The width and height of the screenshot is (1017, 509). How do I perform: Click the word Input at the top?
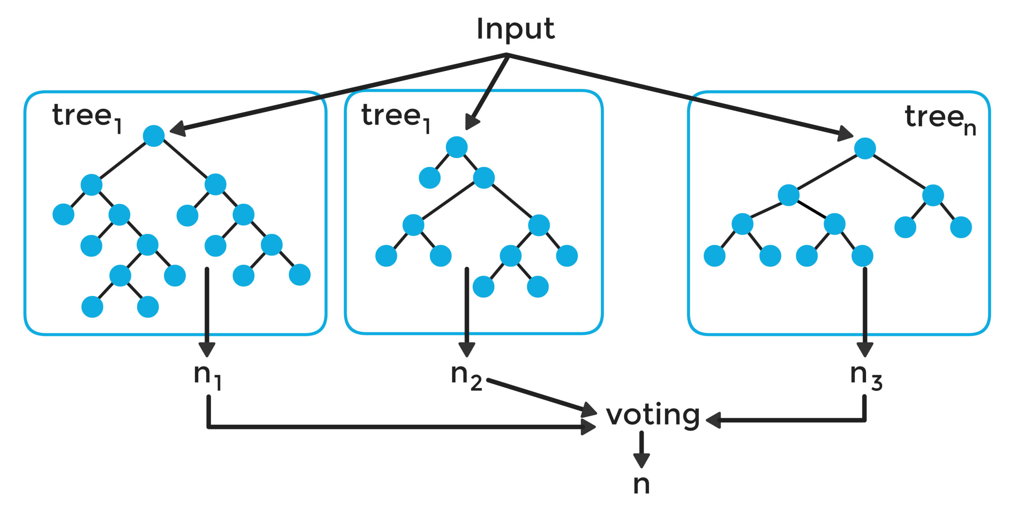point(515,29)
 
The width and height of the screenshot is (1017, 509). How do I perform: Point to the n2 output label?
point(466,377)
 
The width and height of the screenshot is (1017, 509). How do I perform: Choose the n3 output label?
point(866,377)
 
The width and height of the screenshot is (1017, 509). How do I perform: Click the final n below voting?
point(642,484)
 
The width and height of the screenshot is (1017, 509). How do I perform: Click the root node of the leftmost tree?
point(154,136)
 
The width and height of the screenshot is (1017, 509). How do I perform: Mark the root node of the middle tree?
point(456,147)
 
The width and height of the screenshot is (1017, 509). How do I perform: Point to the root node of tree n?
point(865,148)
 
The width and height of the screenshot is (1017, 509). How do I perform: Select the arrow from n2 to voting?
point(542,397)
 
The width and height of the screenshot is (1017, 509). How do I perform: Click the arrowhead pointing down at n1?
point(207,350)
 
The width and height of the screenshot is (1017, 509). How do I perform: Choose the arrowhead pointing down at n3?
point(865,350)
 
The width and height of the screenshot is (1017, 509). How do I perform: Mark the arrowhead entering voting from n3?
point(713,420)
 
